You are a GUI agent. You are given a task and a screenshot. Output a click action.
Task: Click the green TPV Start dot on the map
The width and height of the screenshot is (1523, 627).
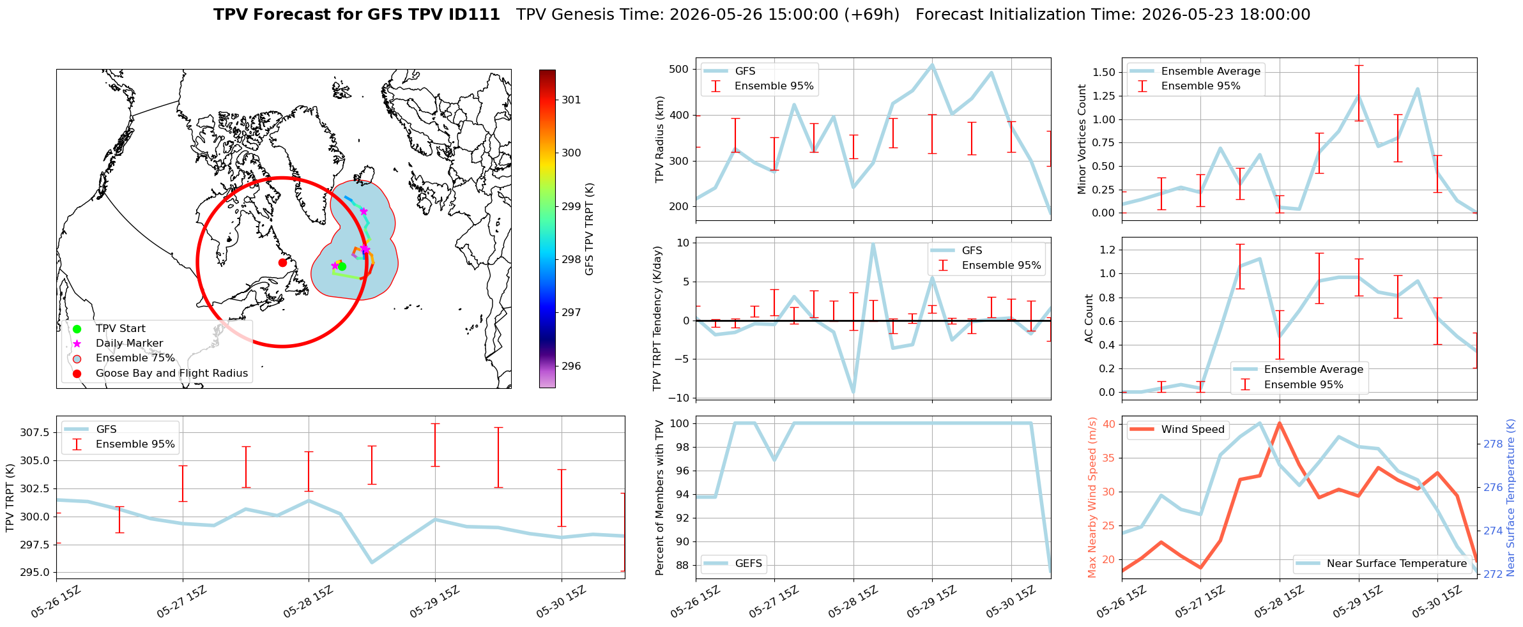pos(342,266)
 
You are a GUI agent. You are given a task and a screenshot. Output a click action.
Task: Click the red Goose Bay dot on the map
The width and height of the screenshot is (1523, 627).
pos(282,262)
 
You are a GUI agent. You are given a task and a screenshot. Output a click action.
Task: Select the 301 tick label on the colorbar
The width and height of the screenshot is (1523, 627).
pos(572,100)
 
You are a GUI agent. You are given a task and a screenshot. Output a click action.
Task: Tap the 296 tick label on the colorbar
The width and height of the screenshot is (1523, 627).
pos(572,366)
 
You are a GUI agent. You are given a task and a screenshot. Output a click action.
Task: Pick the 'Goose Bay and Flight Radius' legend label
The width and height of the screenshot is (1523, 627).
pos(172,374)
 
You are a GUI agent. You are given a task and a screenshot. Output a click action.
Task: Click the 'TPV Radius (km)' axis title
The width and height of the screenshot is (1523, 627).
pos(660,139)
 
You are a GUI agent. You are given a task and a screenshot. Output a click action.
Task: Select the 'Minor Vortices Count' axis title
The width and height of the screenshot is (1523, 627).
pos(1082,139)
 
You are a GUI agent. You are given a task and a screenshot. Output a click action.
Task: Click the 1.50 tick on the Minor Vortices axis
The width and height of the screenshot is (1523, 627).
pos(1104,72)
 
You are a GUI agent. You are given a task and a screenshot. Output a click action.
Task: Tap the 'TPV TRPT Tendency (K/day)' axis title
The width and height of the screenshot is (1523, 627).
pos(657,319)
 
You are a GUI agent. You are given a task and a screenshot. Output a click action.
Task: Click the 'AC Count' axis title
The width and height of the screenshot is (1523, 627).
pos(1089,319)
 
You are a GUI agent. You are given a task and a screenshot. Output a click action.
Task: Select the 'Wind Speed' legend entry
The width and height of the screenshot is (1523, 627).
pos(1177,430)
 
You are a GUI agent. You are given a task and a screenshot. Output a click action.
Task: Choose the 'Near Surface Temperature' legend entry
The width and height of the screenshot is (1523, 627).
pos(1383,563)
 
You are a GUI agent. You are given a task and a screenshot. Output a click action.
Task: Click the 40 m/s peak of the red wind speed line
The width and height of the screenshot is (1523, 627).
pos(1280,423)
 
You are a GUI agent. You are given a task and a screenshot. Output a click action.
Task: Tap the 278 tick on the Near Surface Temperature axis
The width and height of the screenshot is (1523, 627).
pos(1494,444)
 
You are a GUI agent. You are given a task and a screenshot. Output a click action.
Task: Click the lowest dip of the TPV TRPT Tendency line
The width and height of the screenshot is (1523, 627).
pos(853,393)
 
